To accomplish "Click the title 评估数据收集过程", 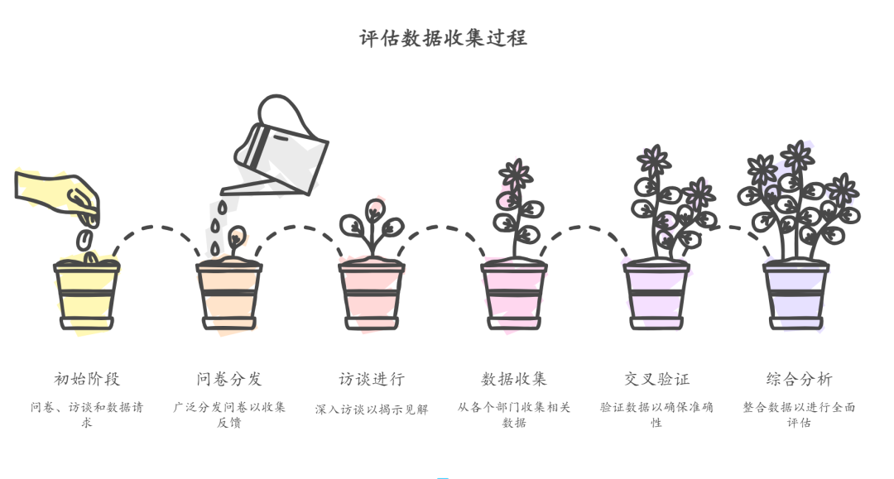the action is tap(443, 38).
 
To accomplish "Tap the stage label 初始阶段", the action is tap(87, 379).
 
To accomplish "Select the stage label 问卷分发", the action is tap(229, 379).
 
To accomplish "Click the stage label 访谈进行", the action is tap(372, 379).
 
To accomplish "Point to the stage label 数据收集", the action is tap(514, 379).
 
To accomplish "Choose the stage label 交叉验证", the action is tap(656, 379).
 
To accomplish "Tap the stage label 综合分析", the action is tap(799, 379).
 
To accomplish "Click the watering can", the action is tap(281, 149).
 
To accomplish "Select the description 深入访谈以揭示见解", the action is tap(372, 410).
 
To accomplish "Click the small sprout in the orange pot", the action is tap(236, 238).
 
